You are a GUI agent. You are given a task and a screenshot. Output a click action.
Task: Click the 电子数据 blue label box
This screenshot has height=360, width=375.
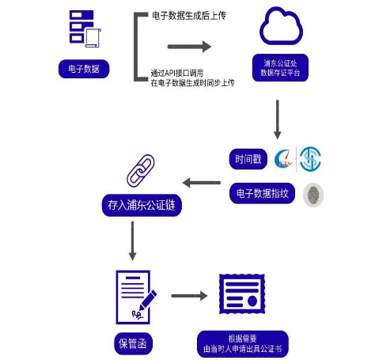[x=83, y=70]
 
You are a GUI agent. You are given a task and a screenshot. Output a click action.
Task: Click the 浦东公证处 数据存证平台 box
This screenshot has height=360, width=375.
[x=280, y=69]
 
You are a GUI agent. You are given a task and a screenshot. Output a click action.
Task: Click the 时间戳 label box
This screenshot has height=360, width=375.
[x=245, y=158]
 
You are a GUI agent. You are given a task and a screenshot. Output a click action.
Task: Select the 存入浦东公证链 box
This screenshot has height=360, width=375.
[x=141, y=205]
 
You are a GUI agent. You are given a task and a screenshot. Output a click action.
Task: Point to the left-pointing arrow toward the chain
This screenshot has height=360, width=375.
[x=203, y=183]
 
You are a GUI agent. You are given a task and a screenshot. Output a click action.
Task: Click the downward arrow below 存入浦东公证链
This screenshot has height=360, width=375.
[x=132, y=241]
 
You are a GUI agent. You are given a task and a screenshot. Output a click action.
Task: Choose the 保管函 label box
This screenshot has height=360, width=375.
[x=133, y=343]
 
